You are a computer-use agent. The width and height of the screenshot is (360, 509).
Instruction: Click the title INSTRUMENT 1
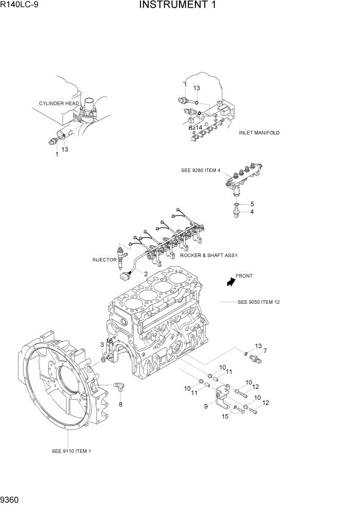(177, 6)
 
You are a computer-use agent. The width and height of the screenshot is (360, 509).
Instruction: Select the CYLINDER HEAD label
(59, 103)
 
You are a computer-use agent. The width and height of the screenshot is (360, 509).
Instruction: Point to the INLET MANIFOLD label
(259, 132)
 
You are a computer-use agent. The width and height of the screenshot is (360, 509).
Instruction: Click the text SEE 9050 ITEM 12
(258, 302)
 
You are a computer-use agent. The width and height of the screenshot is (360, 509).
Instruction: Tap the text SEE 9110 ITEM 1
(71, 452)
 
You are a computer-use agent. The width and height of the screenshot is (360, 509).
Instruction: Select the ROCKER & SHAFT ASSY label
(208, 255)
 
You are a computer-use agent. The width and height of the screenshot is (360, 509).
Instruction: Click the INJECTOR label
(104, 260)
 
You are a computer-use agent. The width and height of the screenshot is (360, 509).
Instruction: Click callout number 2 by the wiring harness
(146, 274)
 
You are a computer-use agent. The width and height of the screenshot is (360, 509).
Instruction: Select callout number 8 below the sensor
(121, 404)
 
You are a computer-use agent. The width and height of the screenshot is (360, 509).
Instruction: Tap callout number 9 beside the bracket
(206, 406)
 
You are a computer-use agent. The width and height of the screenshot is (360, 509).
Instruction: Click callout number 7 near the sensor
(265, 351)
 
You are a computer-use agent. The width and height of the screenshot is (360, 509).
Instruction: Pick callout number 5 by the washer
(252, 204)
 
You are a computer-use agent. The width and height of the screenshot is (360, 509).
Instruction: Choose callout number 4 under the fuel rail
(252, 211)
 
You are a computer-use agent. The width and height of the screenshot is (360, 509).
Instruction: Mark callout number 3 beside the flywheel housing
(102, 344)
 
